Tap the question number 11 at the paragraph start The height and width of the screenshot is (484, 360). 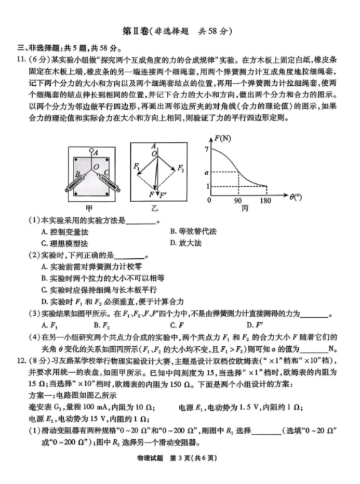point(20,58)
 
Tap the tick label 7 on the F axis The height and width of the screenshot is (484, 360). point(206,150)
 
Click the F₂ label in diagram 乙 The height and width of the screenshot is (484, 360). point(180,168)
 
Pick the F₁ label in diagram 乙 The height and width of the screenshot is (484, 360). point(136,167)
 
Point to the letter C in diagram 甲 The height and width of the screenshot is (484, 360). point(106,172)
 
